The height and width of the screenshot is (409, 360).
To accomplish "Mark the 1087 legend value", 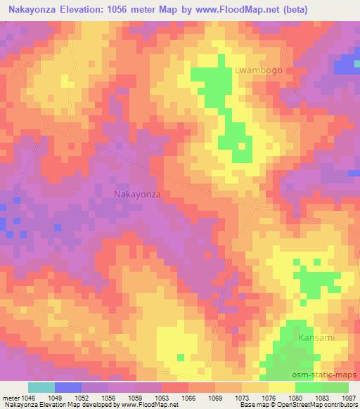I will click(349, 396).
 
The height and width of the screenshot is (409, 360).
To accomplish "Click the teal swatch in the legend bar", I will click(41, 387).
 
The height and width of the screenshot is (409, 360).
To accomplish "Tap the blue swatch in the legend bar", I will click(68, 387).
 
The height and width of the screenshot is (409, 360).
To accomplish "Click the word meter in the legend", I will click(8, 396).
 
